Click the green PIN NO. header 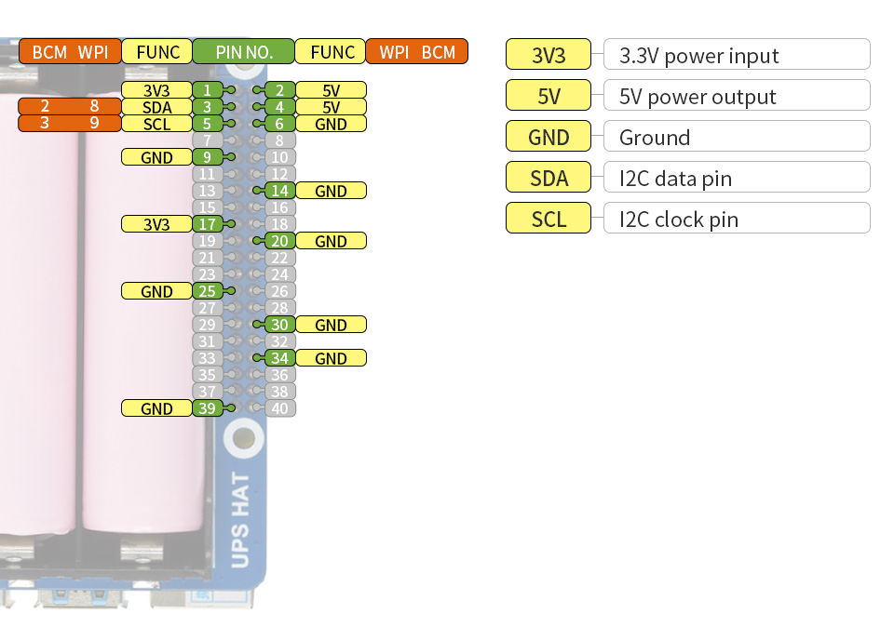click(x=243, y=52)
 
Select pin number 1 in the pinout click(x=207, y=90)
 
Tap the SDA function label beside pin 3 click(x=156, y=107)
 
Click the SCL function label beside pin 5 click(x=156, y=124)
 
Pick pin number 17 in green click(x=207, y=224)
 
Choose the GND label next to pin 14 click(x=331, y=191)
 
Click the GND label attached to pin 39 click(x=156, y=408)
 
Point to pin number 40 click(x=279, y=408)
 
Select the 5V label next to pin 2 click(x=331, y=90)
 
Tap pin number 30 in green click(x=279, y=325)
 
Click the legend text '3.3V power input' click(x=698, y=56)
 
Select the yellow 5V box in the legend click(x=549, y=97)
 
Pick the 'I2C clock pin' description click(x=678, y=220)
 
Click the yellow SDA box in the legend click(x=549, y=179)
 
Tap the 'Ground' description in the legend click(x=655, y=138)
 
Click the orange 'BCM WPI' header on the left click(x=70, y=52)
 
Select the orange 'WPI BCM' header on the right click(x=417, y=52)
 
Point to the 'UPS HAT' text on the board click(x=239, y=520)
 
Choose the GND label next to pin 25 click(x=156, y=291)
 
